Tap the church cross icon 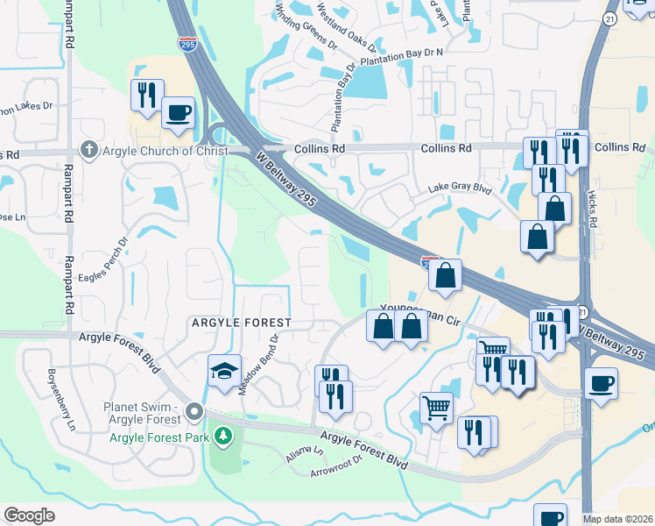pyautogui.click(x=88, y=150)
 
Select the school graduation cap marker pyautogui.click(x=224, y=372)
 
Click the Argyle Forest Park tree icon pyautogui.click(x=224, y=435)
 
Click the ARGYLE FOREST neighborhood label pyautogui.click(x=241, y=323)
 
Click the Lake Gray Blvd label pyautogui.click(x=461, y=188)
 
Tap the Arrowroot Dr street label pyautogui.click(x=336, y=466)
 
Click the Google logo pyautogui.click(x=29, y=515)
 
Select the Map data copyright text pyautogui.click(x=618, y=519)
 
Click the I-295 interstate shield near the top pyautogui.click(x=186, y=42)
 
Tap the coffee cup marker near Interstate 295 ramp pyautogui.click(x=178, y=114)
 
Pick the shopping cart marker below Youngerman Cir pyautogui.click(x=436, y=408)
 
